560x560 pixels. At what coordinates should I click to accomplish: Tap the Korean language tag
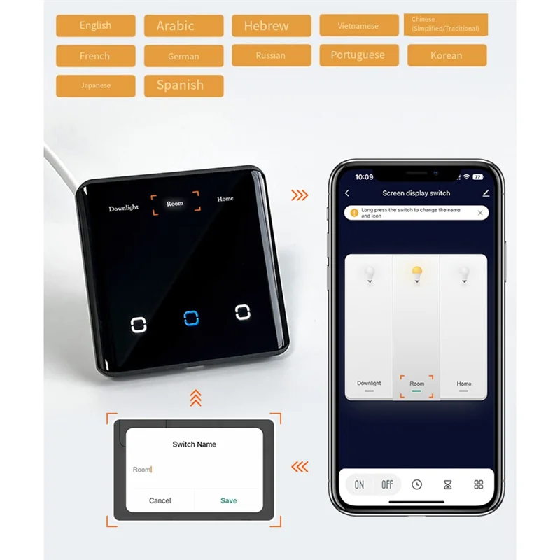click(x=447, y=55)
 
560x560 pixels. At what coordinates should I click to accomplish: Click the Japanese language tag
click(x=96, y=85)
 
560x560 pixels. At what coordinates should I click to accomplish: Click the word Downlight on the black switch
click(x=124, y=208)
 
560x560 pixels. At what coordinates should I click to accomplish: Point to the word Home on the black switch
click(x=225, y=199)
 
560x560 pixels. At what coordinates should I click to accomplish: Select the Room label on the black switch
click(x=175, y=204)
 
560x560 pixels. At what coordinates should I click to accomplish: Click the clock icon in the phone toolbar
click(x=417, y=484)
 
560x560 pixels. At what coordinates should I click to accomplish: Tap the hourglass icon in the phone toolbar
click(x=448, y=484)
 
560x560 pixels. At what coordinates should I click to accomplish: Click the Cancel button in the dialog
click(x=160, y=500)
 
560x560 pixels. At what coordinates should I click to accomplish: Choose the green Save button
click(x=229, y=500)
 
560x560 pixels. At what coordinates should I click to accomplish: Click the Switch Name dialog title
click(x=195, y=444)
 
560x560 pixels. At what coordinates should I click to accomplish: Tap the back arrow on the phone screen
click(x=348, y=193)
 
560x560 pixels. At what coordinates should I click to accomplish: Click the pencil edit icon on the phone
click(x=486, y=193)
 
